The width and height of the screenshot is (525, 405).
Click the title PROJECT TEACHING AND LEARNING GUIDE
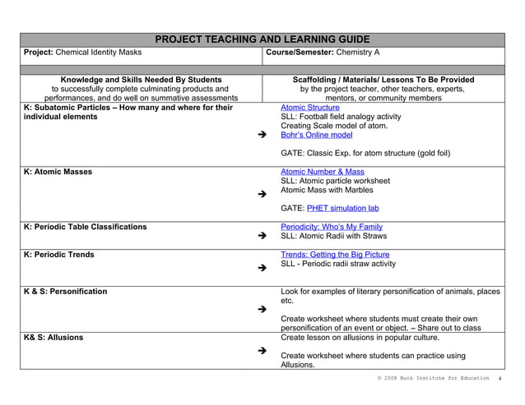point(262,39)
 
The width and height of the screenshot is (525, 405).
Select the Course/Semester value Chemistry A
point(355,53)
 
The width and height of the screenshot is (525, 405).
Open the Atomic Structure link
point(309,108)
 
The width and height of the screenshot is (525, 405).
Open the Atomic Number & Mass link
point(322,173)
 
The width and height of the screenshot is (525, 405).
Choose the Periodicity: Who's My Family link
point(331,227)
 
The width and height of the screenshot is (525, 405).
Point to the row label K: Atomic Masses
point(58,173)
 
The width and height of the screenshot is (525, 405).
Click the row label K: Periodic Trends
point(59,255)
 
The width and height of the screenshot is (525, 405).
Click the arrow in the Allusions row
point(262,351)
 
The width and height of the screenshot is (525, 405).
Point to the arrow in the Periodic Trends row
point(262,268)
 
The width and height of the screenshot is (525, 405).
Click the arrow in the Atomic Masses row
point(262,195)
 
